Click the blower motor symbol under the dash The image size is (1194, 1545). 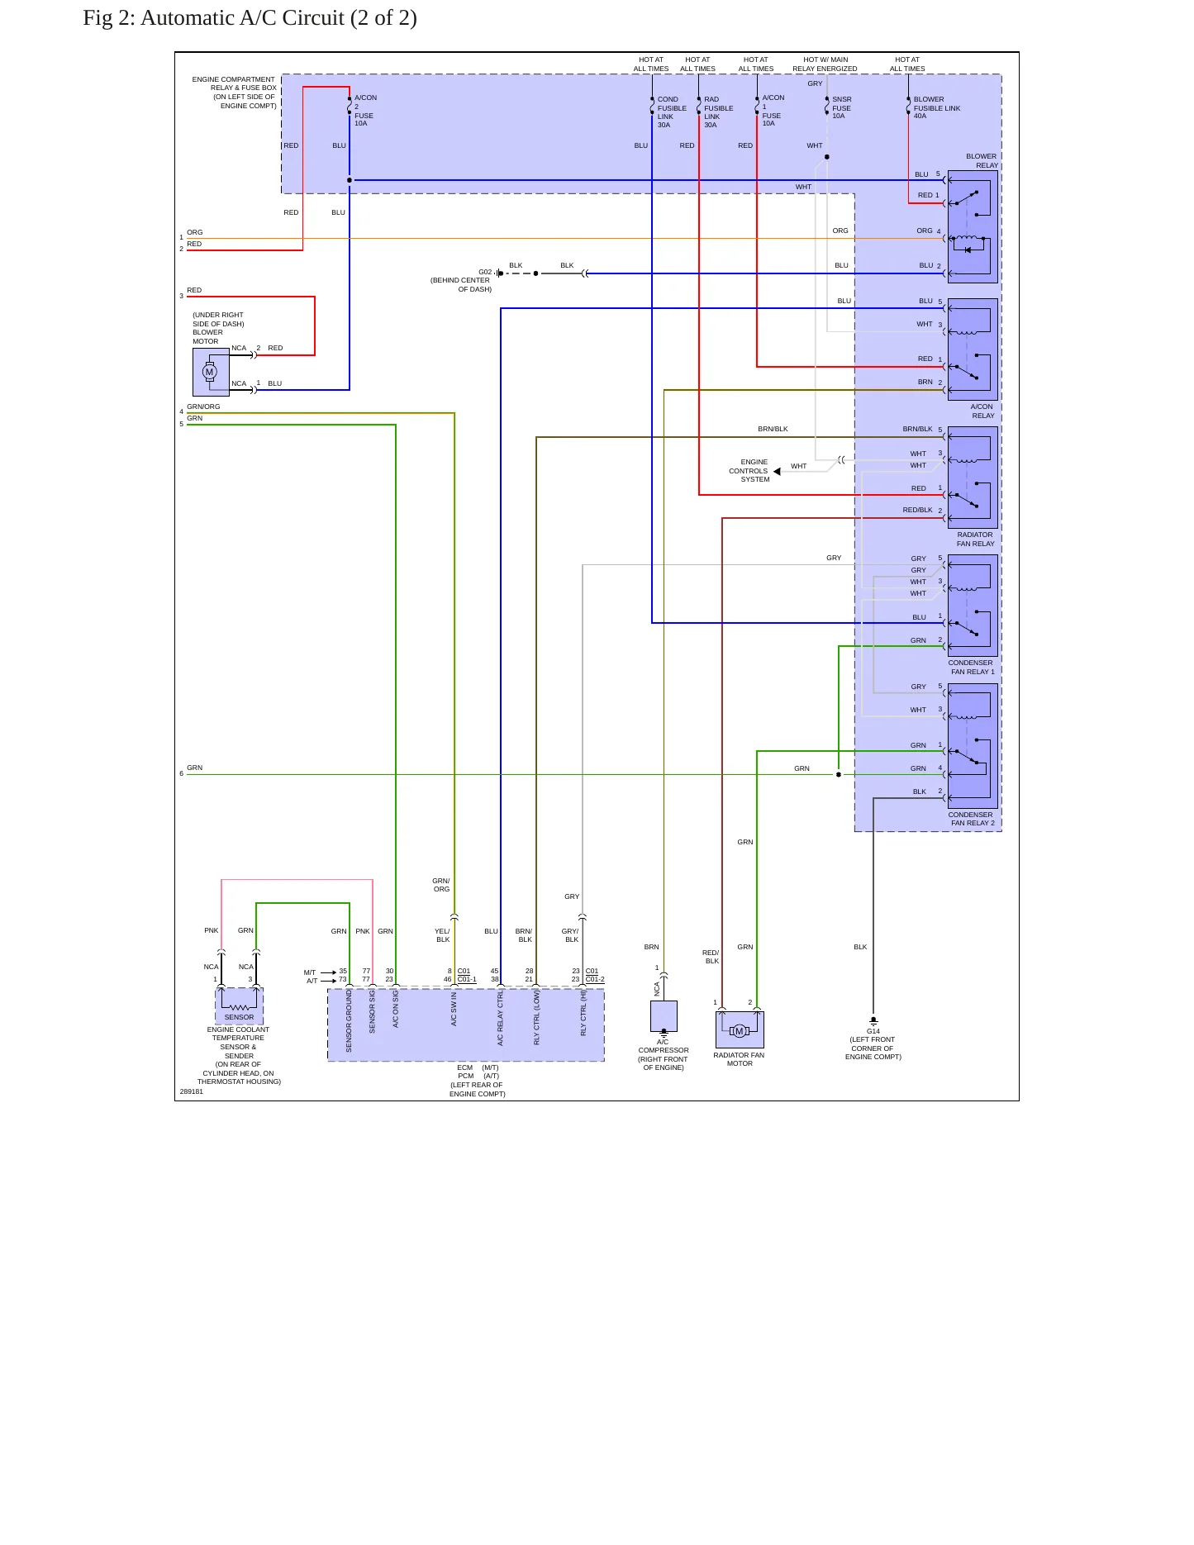pyautogui.click(x=211, y=372)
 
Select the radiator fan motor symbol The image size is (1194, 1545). pyautogui.click(x=740, y=1030)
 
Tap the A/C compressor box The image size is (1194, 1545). pyautogui.click(x=664, y=1016)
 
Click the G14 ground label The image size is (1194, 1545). pyautogui.click(x=873, y=1031)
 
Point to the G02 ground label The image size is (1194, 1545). pyautogui.click(x=485, y=272)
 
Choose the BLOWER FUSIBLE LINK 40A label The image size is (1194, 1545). pyautogui.click(x=937, y=107)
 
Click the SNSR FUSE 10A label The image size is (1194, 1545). pyautogui.click(x=842, y=107)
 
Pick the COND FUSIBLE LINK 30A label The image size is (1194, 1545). pyautogui.click(x=672, y=112)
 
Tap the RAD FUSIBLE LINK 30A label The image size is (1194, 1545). pyautogui.click(x=718, y=112)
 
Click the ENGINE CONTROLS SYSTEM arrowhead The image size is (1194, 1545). pyautogui.click(x=777, y=472)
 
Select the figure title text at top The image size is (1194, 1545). pyautogui.click(x=250, y=18)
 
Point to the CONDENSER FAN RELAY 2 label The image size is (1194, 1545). pyautogui.click(x=971, y=819)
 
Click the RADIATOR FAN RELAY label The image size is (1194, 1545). pyautogui.click(x=975, y=539)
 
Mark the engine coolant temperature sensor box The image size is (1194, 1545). pyautogui.click(x=239, y=1006)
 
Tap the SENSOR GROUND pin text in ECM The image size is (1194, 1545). pyautogui.click(x=349, y=1021)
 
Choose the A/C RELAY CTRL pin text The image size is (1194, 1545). pyautogui.click(x=500, y=1019)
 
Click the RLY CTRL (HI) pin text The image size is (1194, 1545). pyautogui.click(x=583, y=1014)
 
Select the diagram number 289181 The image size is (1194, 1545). pyautogui.click(x=192, y=1091)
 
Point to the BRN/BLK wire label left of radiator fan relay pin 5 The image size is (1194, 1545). pyautogui.click(x=773, y=429)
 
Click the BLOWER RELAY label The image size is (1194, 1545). pyautogui.click(x=982, y=160)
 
